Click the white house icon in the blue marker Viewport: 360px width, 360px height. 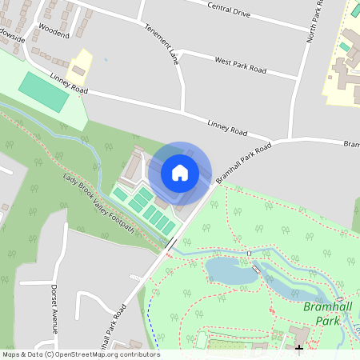click(x=180, y=173)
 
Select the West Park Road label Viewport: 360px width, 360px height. click(x=240, y=65)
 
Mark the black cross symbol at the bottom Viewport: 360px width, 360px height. click(x=299, y=348)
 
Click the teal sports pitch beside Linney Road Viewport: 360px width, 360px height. click(x=44, y=93)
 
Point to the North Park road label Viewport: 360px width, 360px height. click(x=319, y=16)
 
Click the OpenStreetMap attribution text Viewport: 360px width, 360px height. click(x=80, y=354)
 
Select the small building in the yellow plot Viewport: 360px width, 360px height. click(x=79, y=71)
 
